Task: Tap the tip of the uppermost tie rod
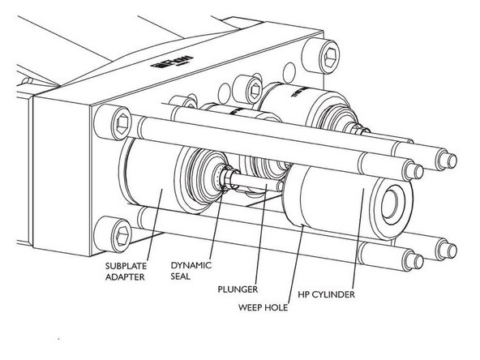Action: click(x=447, y=155)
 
